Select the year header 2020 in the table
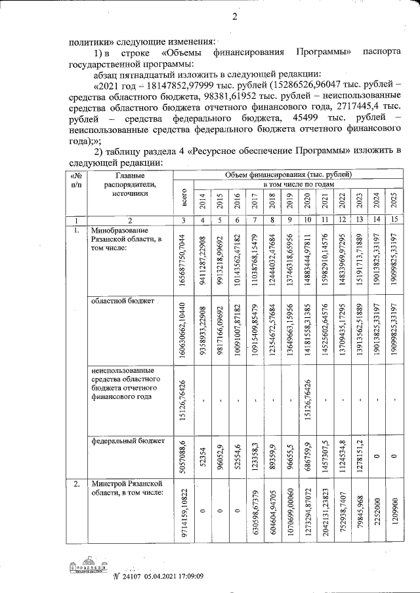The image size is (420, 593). coord(306,201)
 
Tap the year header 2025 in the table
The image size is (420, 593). coord(394,201)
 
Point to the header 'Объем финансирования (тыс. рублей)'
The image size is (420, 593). coord(289,175)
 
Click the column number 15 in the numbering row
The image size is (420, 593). coord(394,220)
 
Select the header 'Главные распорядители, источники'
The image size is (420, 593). coord(129,185)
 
